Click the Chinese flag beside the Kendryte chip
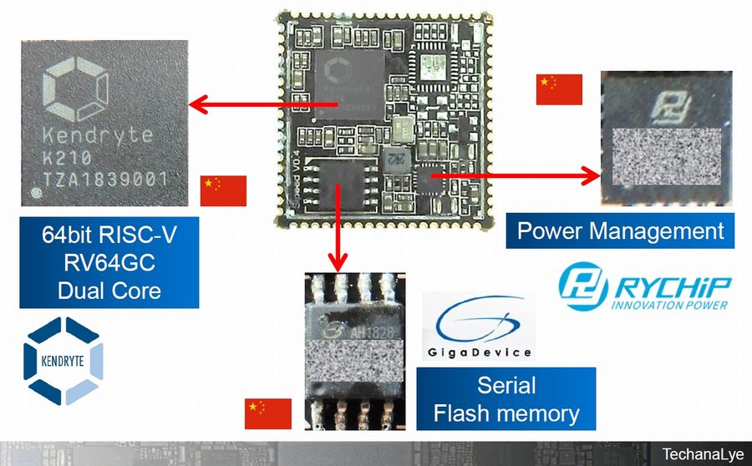point(223,191)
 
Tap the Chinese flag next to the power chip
point(559,89)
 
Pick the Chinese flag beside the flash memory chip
point(267,413)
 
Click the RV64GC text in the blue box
point(109,263)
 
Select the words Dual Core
point(109,291)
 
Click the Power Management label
point(620,230)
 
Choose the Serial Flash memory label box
point(506,399)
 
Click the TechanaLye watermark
point(700,454)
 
